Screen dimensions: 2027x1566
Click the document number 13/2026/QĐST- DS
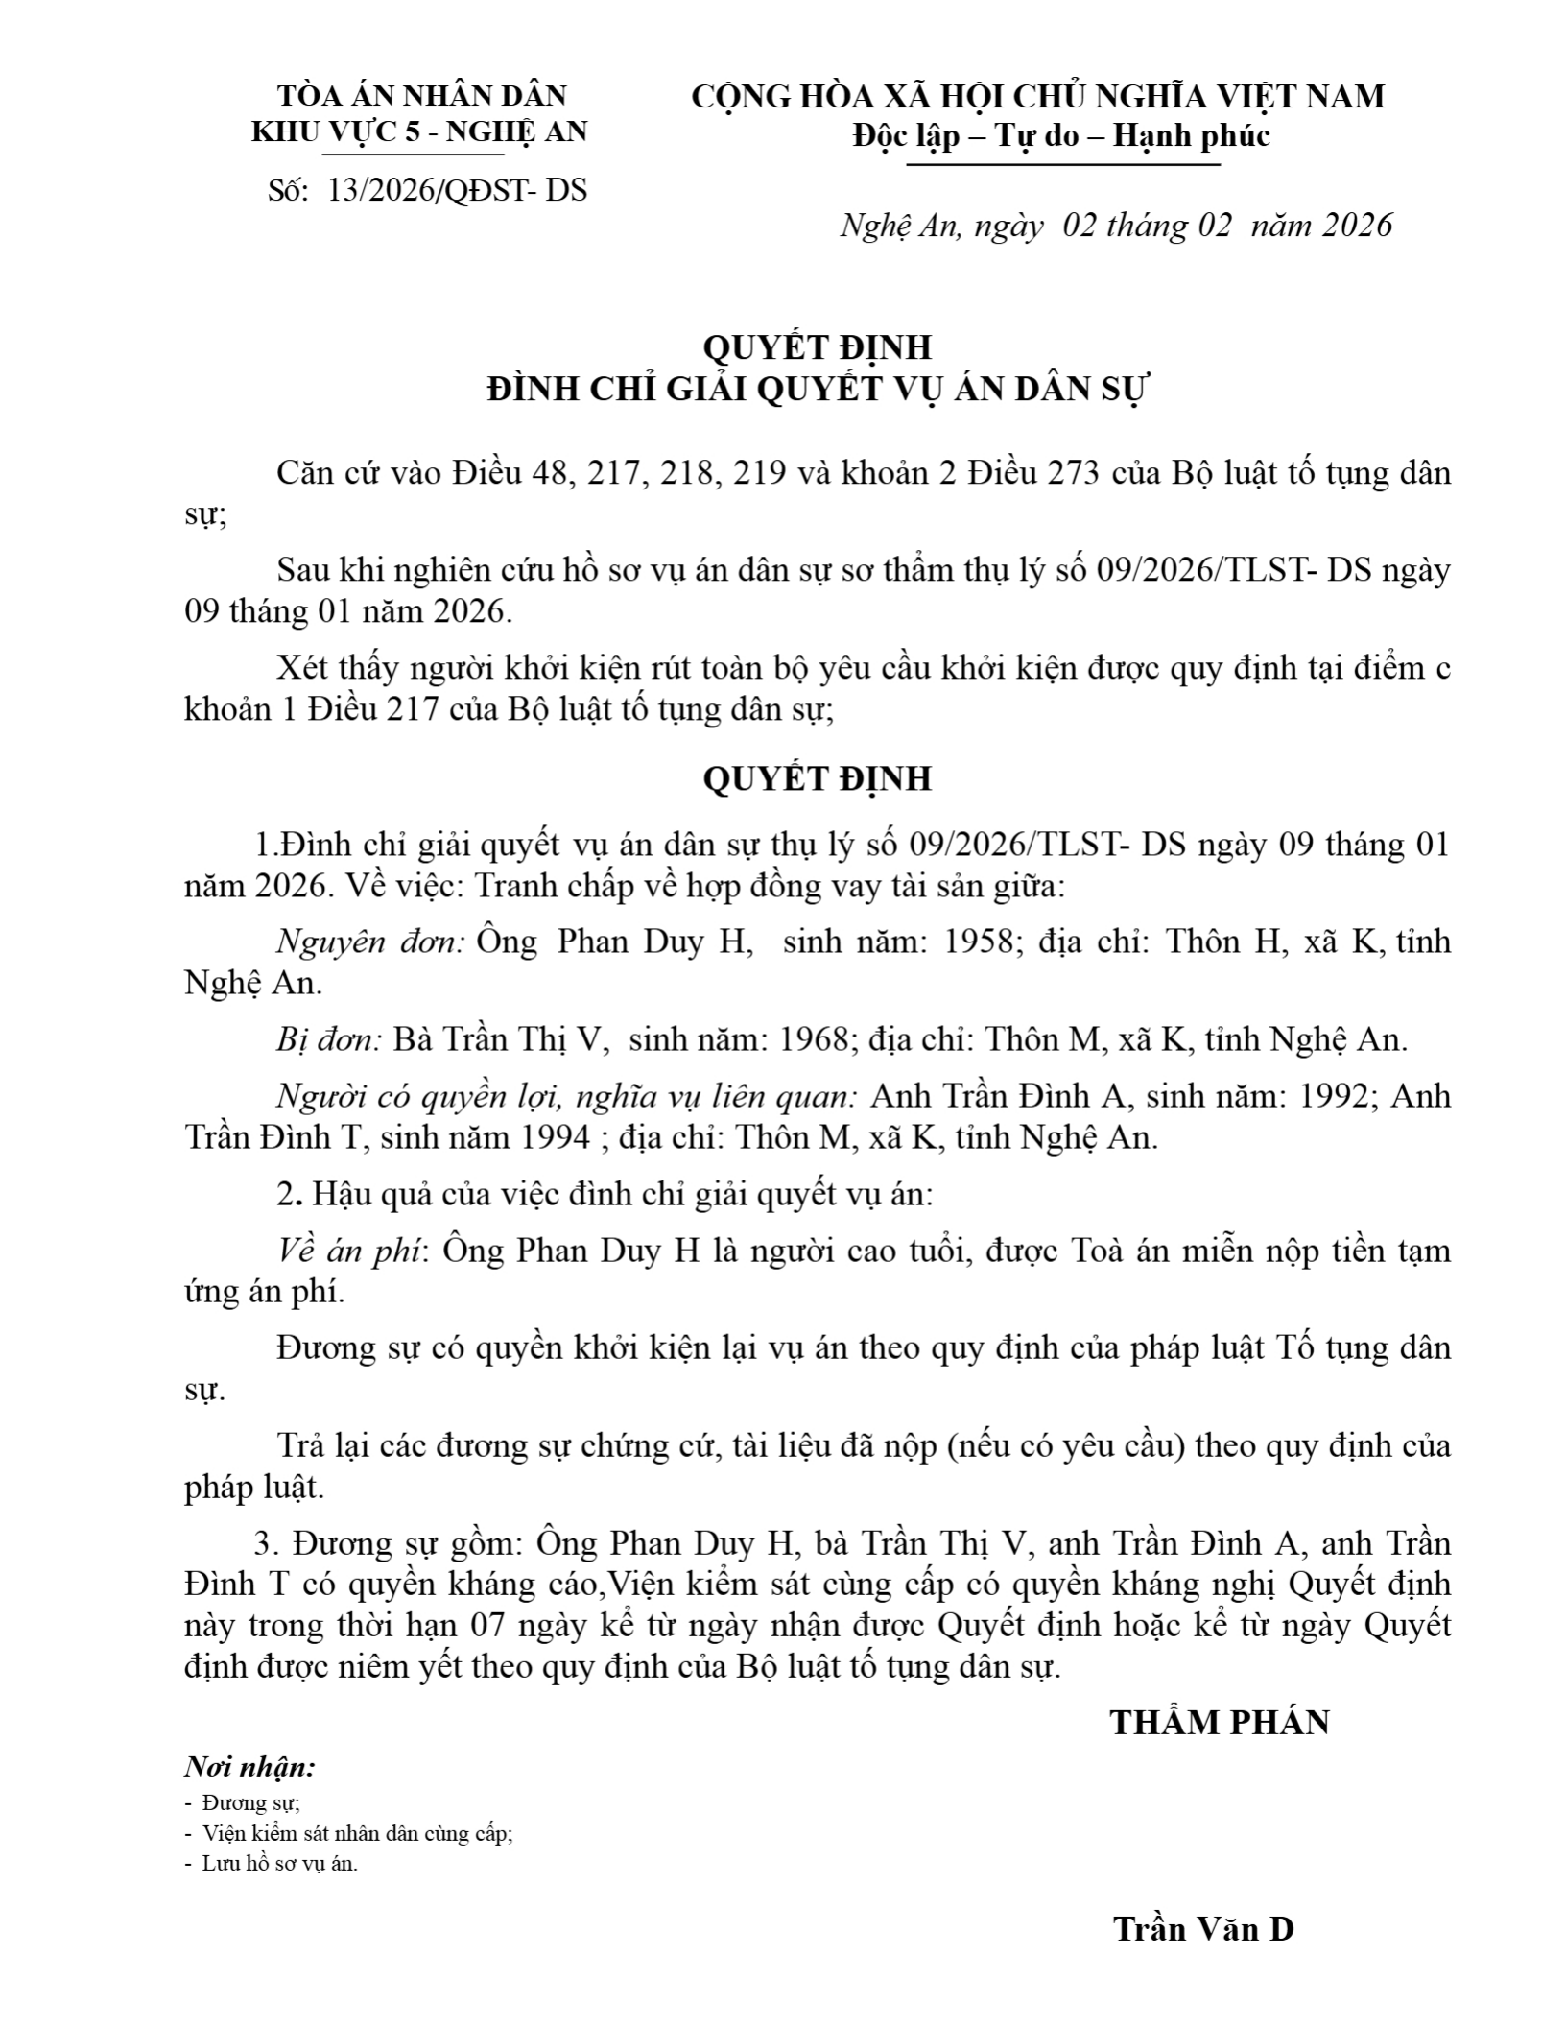456,190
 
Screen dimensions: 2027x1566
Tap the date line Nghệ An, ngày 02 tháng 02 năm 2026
1116,226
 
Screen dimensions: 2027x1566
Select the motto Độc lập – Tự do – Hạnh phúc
1061,135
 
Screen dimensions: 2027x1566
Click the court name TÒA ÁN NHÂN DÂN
421,96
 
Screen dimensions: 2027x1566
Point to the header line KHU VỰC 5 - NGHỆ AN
419,131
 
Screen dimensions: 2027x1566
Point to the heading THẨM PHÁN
1220,1723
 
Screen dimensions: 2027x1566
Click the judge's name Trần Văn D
1203,1929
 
